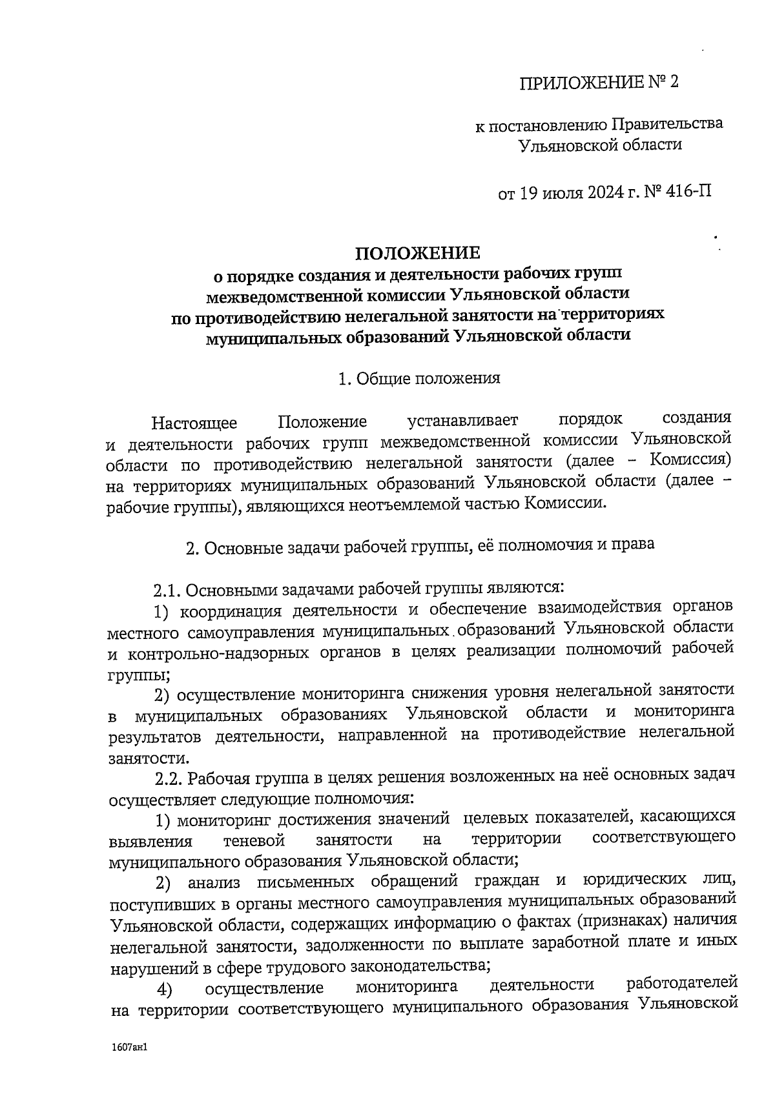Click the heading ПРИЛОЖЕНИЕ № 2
pos(600,83)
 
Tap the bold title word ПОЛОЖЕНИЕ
pos(419,252)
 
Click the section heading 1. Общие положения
pos(419,378)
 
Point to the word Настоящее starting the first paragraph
pos(194,423)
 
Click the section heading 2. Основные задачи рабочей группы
pos(419,545)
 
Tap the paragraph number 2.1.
pos(169,589)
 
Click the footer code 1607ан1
pos(130,1049)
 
